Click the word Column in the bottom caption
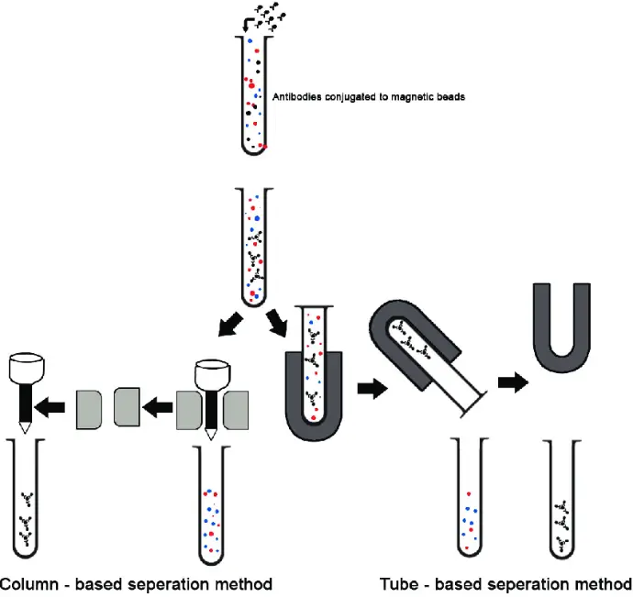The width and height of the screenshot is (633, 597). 37,583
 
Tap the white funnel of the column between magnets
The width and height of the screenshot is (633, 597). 212,376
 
